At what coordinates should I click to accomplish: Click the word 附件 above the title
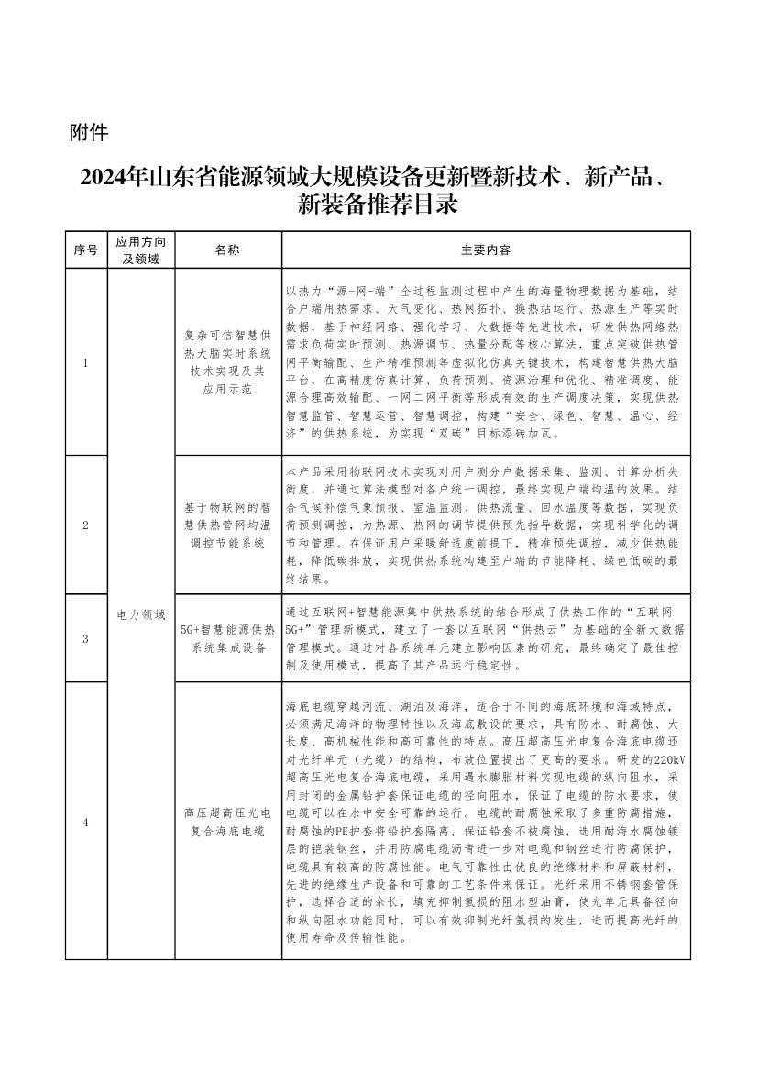pyautogui.click(x=89, y=133)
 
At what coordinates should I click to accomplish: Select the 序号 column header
pyautogui.click(x=85, y=249)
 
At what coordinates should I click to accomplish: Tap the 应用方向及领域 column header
pyautogui.click(x=141, y=249)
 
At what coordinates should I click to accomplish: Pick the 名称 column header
pyautogui.click(x=227, y=249)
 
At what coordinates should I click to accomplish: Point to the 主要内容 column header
pyautogui.click(x=486, y=249)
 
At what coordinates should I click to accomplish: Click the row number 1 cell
pyautogui.click(x=85, y=363)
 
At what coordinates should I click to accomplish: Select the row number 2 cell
pyautogui.click(x=85, y=525)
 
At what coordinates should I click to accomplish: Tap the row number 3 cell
pyautogui.click(x=85, y=638)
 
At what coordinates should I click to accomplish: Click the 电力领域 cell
pyautogui.click(x=141, y=614)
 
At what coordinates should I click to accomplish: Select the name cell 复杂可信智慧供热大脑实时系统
pyautogui.click(x=227, y=363)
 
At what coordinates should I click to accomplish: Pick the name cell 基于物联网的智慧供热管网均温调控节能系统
pyautogui.click(x=227, y=525)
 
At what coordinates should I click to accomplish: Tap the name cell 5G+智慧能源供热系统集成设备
pyautogui.click(x=227, y=638)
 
